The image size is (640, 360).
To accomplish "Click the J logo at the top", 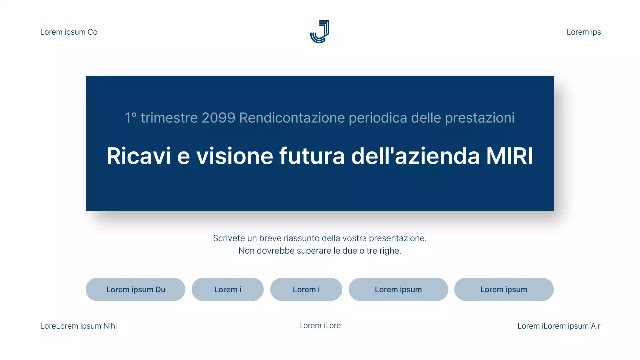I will (x=320, y=32).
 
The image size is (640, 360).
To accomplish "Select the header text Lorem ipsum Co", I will (x=69, y=32).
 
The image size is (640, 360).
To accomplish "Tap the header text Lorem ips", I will (x=584, y=32).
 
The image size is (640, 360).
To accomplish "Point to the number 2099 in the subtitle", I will (x=219, y=118).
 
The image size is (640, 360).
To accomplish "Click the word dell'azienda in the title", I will (x=415, y=156).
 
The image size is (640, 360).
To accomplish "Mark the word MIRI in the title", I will (x=509, y=156).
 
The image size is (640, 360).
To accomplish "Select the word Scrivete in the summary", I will (x=229, y=238).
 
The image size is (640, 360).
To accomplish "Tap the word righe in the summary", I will (x=390, y=251).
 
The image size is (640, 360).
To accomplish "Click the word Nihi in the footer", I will (x=110, y=326).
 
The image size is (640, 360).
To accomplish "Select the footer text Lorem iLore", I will (x=320, y=326).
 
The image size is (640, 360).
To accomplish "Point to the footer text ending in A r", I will (x=559, y=326).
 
